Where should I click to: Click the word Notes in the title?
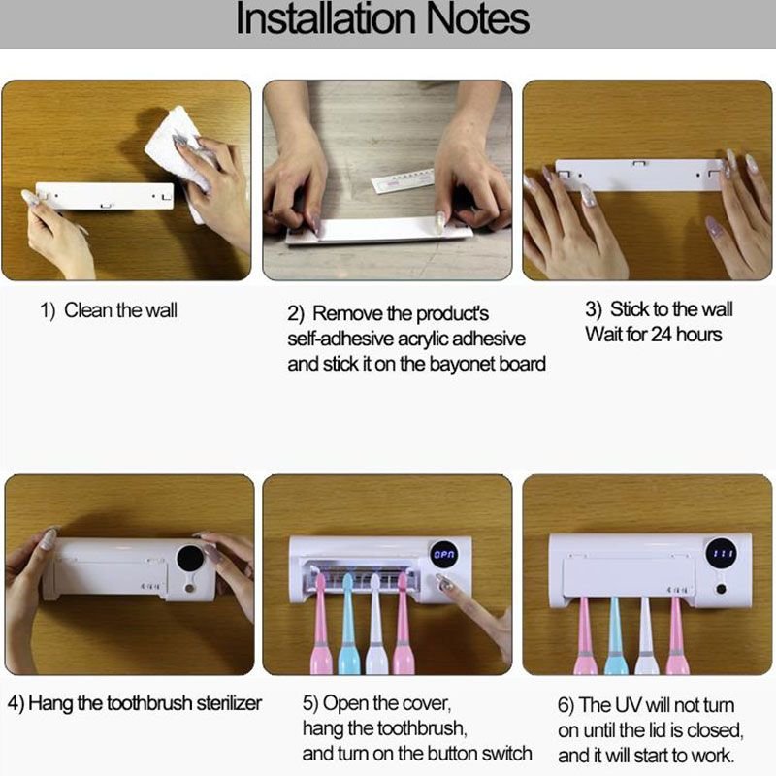(471, 21)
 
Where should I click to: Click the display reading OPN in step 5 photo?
(443, 556)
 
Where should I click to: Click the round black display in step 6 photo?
(720, 554)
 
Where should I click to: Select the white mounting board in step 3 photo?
(640, 175)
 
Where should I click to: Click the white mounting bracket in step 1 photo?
(105, 196)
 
